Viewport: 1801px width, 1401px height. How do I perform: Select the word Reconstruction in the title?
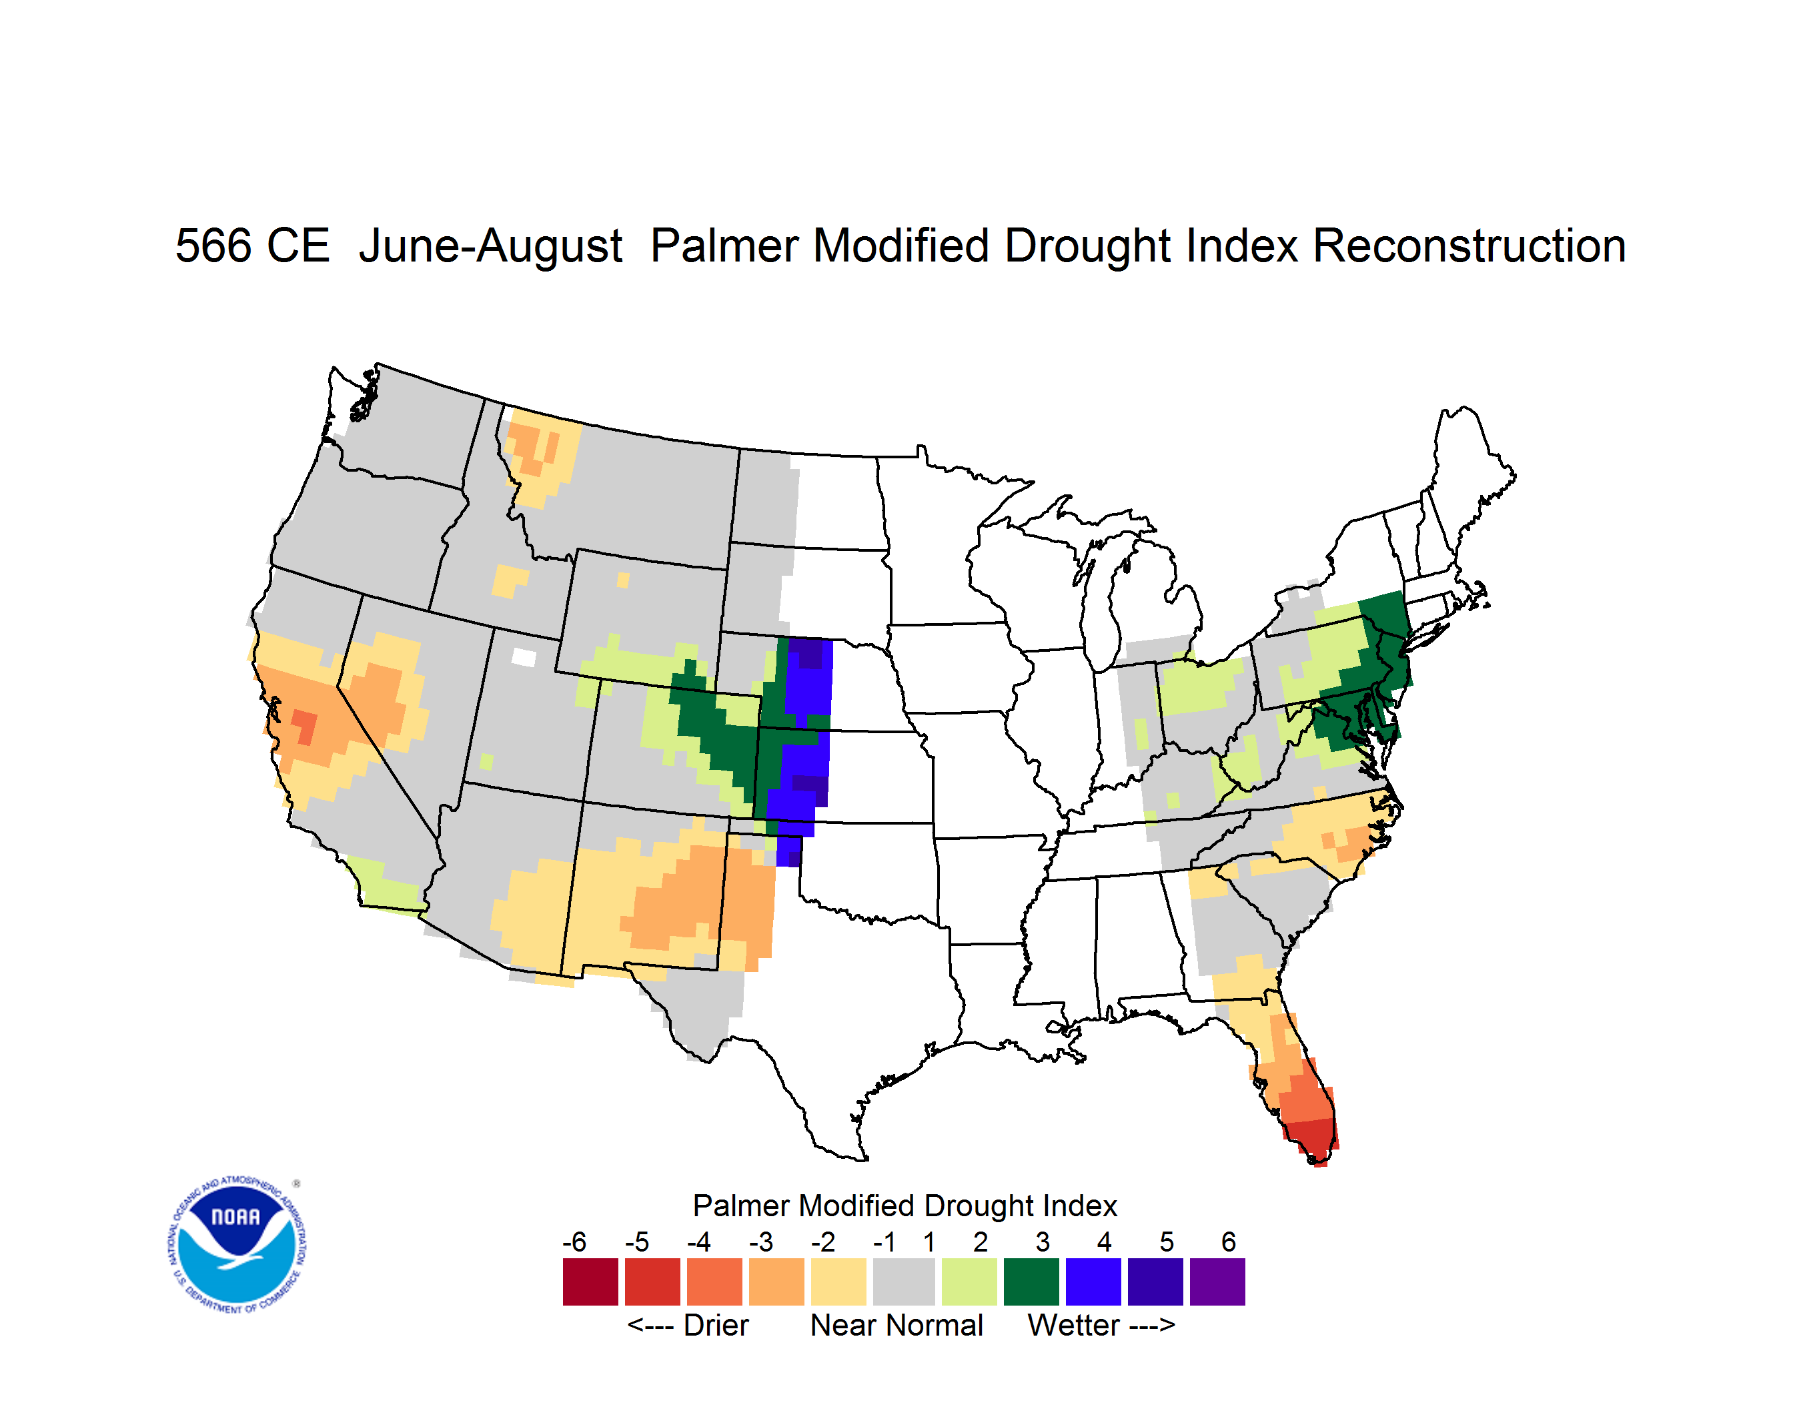(1469, 246)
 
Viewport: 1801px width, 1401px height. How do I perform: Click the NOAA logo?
(237, 1245)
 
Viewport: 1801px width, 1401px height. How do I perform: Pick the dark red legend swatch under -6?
(590, 1282)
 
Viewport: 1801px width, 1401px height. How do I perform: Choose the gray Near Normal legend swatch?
(904, 1282)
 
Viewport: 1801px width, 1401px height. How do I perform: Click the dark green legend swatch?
(1031, 1282)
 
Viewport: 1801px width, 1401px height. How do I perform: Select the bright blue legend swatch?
(1093, 1282)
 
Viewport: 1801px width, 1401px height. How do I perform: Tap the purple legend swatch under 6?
(1217, 1282)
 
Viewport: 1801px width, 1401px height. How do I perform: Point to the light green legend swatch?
(969, 1282)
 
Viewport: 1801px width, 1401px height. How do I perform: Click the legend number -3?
(760, 1242)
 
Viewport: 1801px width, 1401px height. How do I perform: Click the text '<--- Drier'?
(688, 1325)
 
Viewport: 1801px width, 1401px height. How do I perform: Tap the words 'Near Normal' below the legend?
(896, 1325)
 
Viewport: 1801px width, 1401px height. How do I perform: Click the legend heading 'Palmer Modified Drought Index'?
(905, 1206)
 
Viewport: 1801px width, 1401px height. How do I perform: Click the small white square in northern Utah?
(524, 657)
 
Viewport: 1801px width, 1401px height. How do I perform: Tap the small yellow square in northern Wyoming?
(622, 580)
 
